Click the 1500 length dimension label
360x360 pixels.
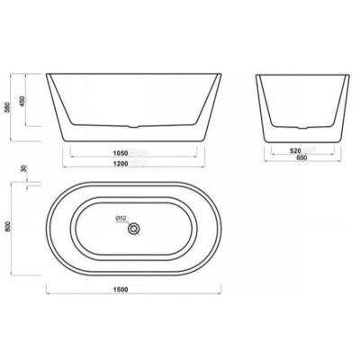tap(121, 290)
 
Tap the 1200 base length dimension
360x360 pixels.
tap(121, 164)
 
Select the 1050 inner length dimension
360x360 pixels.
tap(121, 153)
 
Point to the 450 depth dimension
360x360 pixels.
tap(22, 101)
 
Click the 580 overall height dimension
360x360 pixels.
tap(7, 108)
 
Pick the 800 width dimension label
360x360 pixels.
tap(8, 227)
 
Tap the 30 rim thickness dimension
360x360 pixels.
tap(24, 168)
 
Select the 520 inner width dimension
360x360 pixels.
tap(295, 151)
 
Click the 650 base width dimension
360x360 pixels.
tap(301, 158)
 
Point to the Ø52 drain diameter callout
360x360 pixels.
tap(121, 220)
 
